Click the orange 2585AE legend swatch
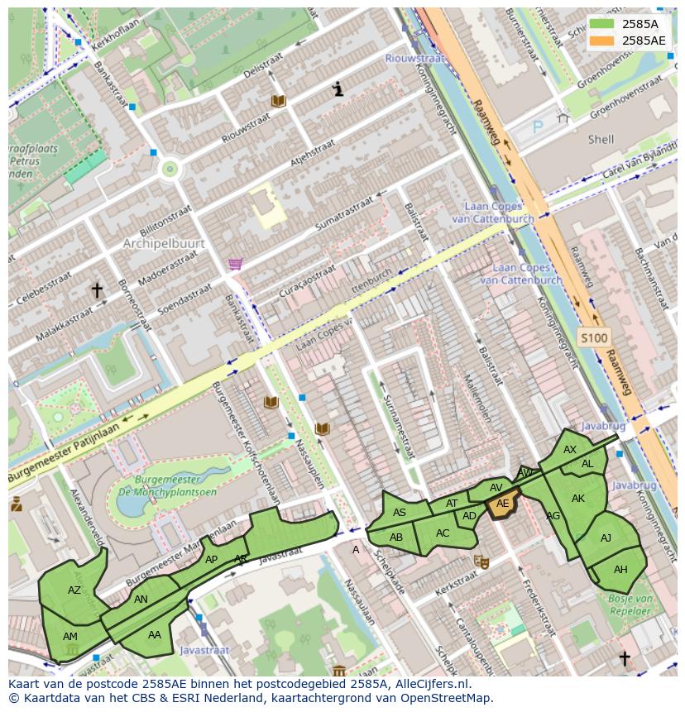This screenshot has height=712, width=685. coord(602,41)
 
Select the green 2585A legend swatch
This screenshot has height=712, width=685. coord(602,24)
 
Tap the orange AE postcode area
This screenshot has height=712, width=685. coord(502,504)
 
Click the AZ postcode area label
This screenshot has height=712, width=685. coord(74,590)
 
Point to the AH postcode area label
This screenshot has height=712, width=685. coord(620,570)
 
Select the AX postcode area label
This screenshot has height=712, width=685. coord(570,450)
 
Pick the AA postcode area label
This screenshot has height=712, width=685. coord(155,635)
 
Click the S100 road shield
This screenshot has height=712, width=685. coord(593,337)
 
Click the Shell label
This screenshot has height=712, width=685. coord(601,140)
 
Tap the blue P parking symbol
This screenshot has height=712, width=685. coord(538,127)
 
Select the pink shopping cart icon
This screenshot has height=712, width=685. coord(236,264)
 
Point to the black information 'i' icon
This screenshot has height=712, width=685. coord(338,89)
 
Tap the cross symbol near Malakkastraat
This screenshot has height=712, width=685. coord(97,290)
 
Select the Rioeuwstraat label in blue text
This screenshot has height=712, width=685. coord(415,58)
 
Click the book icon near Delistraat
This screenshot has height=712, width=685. coord(279,101)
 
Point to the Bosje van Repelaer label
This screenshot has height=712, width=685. coord(631,604)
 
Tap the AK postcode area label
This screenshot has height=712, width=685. coord(578,498)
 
